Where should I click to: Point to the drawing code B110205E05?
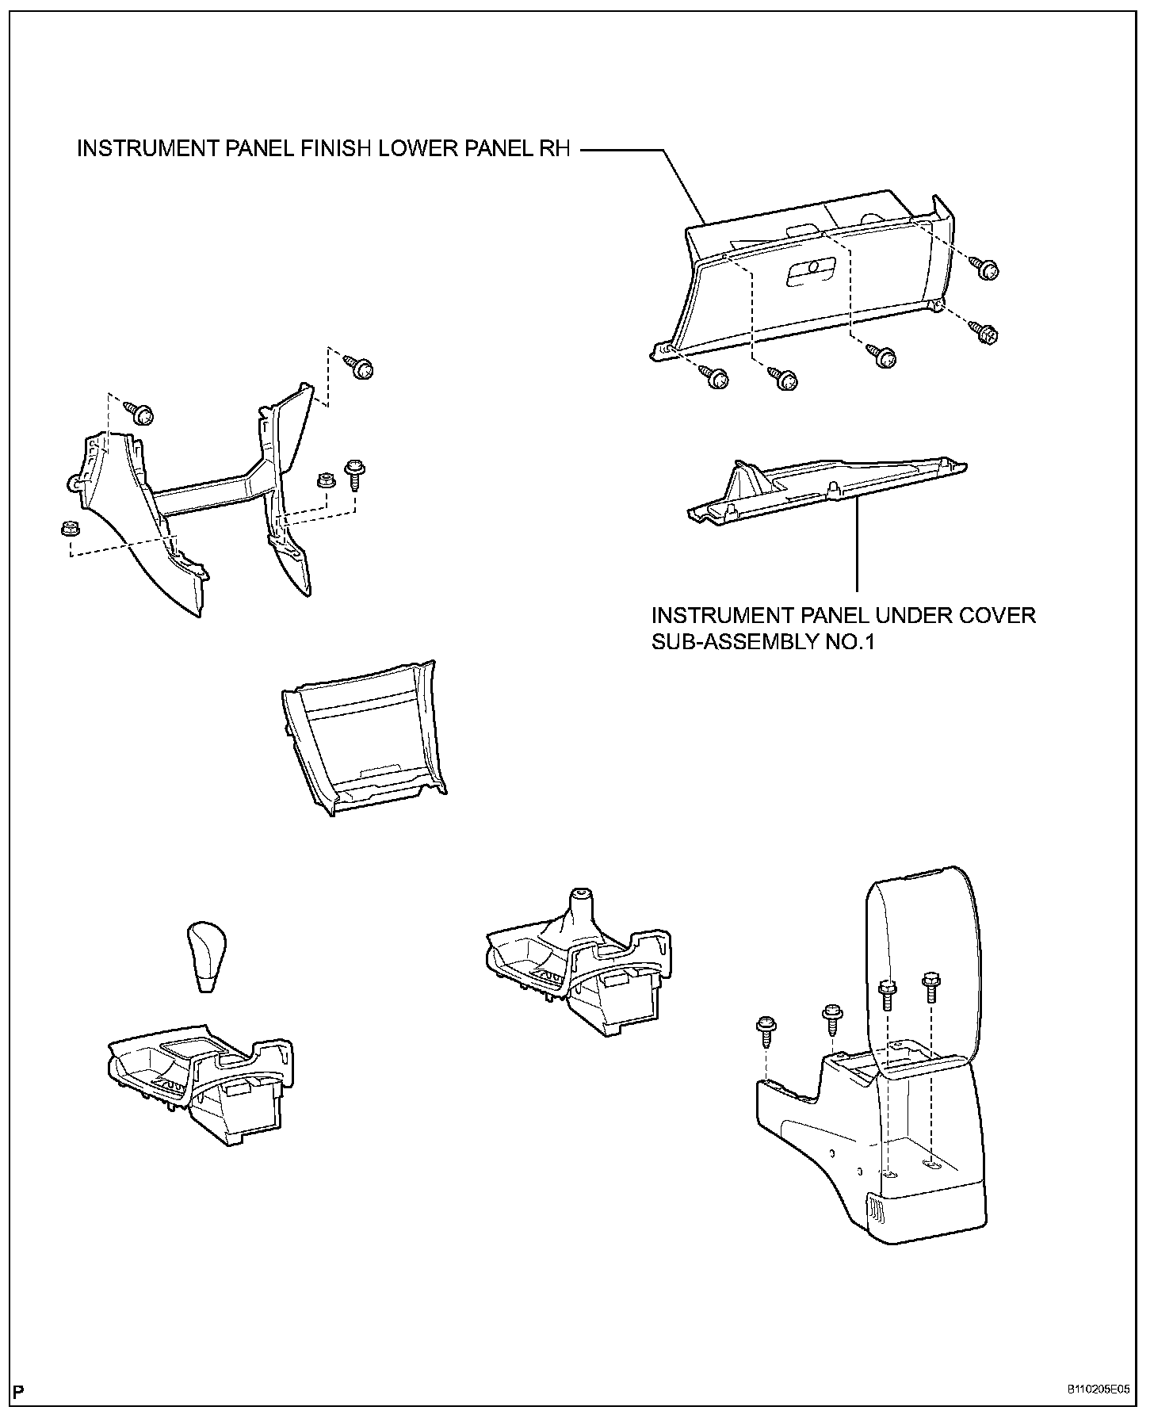(1097, 1390)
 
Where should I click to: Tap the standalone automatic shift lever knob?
(207, 955)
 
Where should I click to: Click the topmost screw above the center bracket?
(361, 368)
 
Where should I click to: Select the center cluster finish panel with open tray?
(362, 739)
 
